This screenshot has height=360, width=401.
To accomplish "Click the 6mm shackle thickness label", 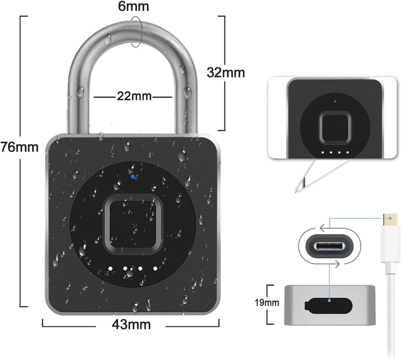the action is coord(133,7).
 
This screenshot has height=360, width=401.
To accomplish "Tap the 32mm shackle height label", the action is coord(226,72).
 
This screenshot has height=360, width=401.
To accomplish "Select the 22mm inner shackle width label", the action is coord(134,97).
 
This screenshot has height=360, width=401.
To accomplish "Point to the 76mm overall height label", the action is coord(19,147).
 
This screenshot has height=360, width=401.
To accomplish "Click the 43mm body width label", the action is coord(131,324).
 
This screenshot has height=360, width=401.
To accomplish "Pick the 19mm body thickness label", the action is coord(267,303).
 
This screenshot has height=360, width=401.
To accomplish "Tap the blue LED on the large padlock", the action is coord(133,176).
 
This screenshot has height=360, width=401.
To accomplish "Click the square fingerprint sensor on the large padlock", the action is coord(133,224).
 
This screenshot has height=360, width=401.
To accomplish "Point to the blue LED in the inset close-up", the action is coord(335,101).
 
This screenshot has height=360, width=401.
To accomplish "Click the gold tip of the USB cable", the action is coord(390,218).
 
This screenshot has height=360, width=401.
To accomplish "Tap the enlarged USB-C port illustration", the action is coord(329,246).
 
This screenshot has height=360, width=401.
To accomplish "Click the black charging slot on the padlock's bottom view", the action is coord(329,305).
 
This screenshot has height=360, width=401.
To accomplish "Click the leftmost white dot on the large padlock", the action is coord(110,269).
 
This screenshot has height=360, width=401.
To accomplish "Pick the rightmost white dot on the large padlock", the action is coord(155,269).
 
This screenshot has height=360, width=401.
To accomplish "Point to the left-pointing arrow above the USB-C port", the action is coord(325,226).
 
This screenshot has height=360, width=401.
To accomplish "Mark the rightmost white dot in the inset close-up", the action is coord(348,152).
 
